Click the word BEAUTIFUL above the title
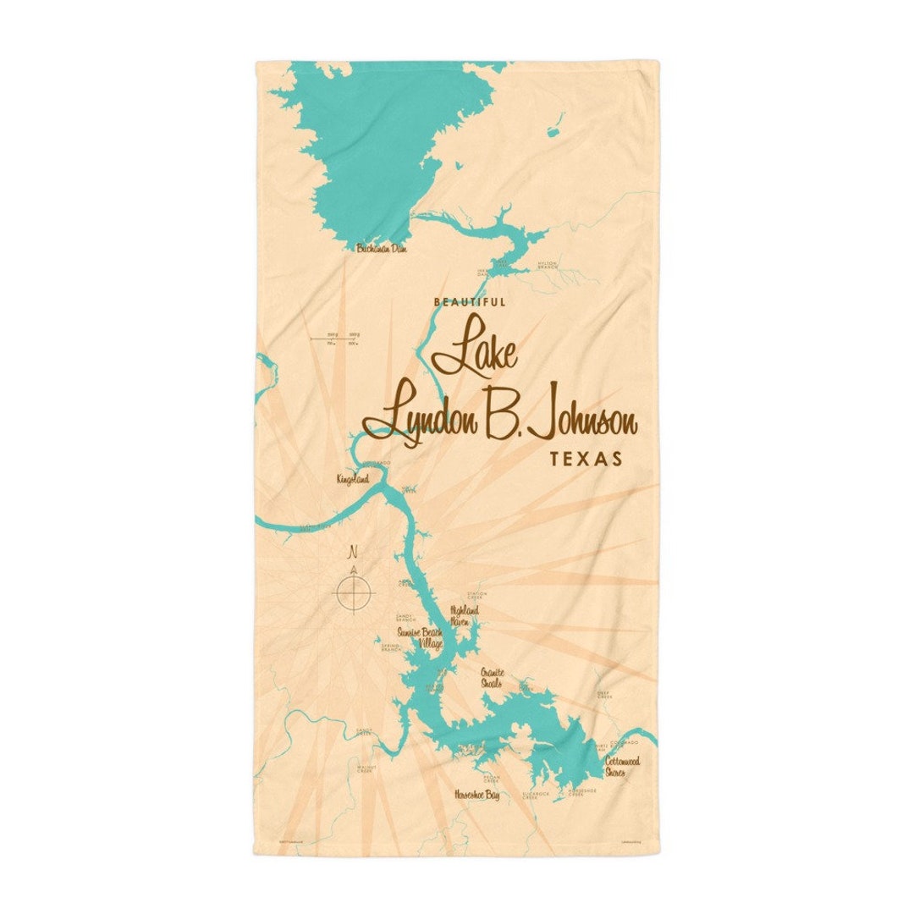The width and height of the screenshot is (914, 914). (469, 302)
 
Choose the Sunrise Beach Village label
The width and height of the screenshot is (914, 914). (421, 638)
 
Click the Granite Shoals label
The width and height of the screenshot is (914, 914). (491, 679)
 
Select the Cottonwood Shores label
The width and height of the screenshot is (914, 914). (622, 766)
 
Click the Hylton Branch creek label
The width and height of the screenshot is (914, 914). (548, 265)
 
